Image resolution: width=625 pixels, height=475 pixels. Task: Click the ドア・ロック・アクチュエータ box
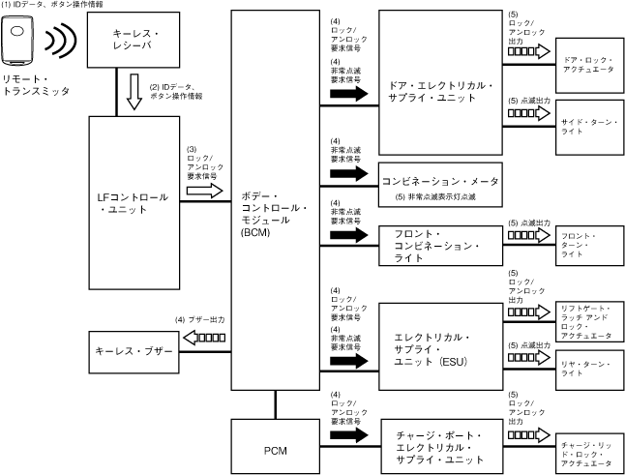(588, 67)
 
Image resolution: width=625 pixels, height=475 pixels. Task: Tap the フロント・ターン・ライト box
(588, 245)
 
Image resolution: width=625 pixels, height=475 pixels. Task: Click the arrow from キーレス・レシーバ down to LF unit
(133, 94)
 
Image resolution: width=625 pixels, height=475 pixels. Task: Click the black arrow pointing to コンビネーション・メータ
(349, 174)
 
